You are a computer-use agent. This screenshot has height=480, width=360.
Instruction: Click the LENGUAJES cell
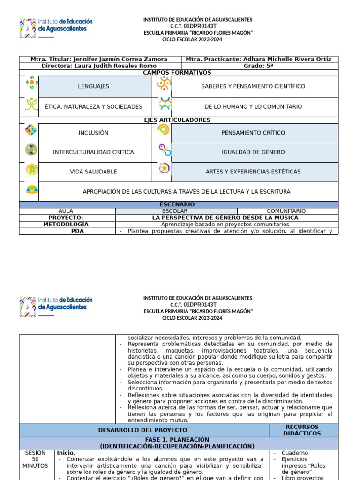pyautogui.click(x=93, y=87)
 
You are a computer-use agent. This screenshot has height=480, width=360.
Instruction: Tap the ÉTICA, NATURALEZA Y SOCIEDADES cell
pyautogui.click(x=93, y=107)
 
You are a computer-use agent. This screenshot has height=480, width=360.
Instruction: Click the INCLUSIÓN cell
pyautogui.click(x=93, y=133)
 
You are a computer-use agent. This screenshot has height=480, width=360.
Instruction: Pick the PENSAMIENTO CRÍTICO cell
pyautogui.click(x=253, y=133)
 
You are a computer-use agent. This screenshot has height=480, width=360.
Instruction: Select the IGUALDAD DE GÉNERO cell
pyautogui.click(x=253, y=152)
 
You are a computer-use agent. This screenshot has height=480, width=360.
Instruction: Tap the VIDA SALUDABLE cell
pyautogui.click(x=93, y=172)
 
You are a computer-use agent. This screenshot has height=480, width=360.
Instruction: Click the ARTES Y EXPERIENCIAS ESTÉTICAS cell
pyautogui.click(x=253, y=172)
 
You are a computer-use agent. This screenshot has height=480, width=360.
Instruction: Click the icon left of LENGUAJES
pyautogui.click(x=30, y=83)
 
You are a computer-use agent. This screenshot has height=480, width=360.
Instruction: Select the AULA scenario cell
pyautogui.click(x=66, y=211)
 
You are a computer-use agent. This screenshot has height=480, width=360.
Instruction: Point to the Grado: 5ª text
pyautogui.click(x=258, y=66)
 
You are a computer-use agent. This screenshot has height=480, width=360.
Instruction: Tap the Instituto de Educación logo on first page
pyautogui.click(x=56, y=27)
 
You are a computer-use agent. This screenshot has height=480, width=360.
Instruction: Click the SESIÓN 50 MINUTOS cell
pyautogui.click(x=35, y=459)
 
